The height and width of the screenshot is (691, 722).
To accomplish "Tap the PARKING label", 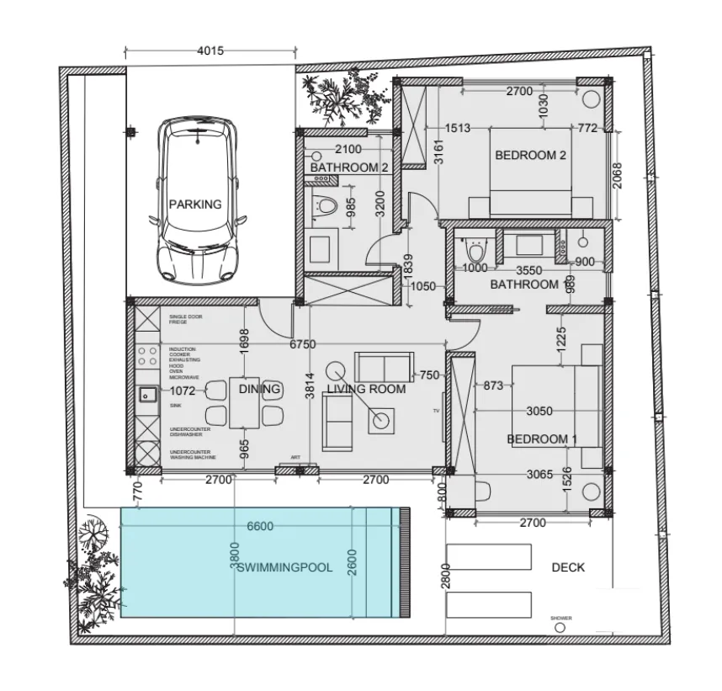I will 195,205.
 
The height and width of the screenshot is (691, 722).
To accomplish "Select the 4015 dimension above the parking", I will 210,50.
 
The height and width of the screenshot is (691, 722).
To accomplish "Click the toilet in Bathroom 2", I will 324,204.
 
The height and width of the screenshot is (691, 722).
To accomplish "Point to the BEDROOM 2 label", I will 530,155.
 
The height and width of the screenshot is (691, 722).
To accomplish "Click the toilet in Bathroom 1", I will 475,250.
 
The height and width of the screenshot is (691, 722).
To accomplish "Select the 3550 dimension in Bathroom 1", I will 528,271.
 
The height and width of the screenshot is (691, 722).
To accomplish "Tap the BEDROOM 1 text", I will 542,439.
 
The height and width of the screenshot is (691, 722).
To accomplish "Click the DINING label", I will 259,389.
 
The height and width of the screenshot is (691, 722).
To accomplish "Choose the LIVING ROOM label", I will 366,389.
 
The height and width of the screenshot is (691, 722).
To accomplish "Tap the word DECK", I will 568,567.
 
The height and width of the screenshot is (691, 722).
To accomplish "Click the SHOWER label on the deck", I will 561,619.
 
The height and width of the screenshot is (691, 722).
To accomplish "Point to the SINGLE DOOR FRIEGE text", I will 186,320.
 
